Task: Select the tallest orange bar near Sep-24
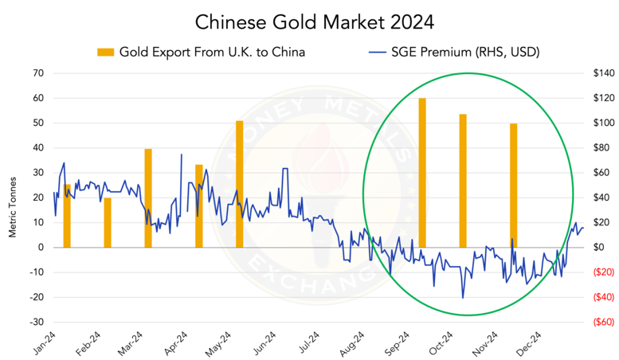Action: click(422, 172)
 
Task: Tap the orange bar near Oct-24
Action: click(463, 180)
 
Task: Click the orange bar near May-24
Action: click(239, 183)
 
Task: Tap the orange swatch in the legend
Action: click(106, 53)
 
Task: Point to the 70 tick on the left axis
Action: click(37, 73)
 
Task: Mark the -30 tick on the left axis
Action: click(35, 323)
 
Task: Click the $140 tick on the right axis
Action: click(599, 73)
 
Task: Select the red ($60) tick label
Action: click(599, 323)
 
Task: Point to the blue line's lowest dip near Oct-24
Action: click(463, 298)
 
